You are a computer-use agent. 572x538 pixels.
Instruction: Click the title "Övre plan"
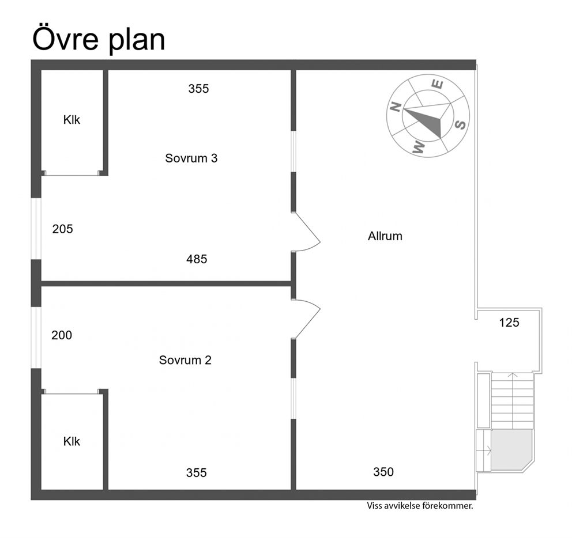pos(99,39)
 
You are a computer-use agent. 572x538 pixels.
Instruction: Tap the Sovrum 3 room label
pos(191,158)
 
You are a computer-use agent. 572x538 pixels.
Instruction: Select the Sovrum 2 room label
pos(185,360)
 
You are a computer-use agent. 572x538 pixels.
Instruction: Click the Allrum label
pos(385,236)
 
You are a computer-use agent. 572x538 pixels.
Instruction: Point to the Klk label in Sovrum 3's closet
pos(71,120)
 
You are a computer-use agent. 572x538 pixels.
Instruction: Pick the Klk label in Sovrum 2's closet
pos(71,442)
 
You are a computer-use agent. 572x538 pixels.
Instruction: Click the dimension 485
pos(197,259)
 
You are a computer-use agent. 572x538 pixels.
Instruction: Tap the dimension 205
pos(62,229)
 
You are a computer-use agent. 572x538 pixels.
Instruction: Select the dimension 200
pos(62,335)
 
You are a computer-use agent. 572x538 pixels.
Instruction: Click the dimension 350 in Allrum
pos(383,472)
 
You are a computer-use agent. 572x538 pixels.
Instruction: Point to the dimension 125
pos(509,323)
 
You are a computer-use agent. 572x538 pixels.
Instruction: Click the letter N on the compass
pos(396,107)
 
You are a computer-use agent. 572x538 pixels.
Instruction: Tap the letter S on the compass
pos(461,124)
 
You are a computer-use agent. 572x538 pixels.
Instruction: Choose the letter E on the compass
pos(438,84)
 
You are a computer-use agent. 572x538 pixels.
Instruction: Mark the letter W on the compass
pos(419,147)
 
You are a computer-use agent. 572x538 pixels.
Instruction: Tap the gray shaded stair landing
pos(511,449)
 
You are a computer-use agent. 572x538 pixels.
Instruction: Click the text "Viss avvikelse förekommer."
pos(420,506)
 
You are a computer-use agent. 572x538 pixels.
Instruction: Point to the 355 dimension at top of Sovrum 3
pos(198,89)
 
